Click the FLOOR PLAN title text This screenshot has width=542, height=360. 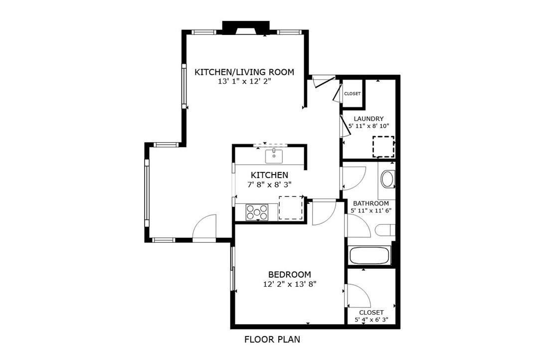pos(272,340)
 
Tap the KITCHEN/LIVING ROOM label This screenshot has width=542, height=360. pos(244,72)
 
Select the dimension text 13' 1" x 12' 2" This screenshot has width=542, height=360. pos(244,82)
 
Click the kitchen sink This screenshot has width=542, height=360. pos(274,156)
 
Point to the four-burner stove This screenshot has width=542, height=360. pos(257,212)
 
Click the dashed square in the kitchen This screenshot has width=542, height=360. pos(291,208)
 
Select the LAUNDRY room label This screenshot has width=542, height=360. pos(368,119)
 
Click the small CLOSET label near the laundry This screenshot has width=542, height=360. pos(352,94)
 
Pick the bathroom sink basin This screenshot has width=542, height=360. pos(387,179)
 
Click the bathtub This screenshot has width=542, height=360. pos(369,256)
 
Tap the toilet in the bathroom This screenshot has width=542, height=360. pos(385,230)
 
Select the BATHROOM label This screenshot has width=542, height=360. pos(371,203)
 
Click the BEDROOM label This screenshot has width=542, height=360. pos(289,274)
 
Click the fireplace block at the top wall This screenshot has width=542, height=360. pos(245,27)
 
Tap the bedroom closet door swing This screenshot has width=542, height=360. pos(358,296)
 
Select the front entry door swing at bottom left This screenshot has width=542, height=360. pos(204,228)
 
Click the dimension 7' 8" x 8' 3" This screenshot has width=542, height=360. pos(269,184)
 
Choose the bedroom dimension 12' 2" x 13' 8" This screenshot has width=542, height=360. pos(290,284)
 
